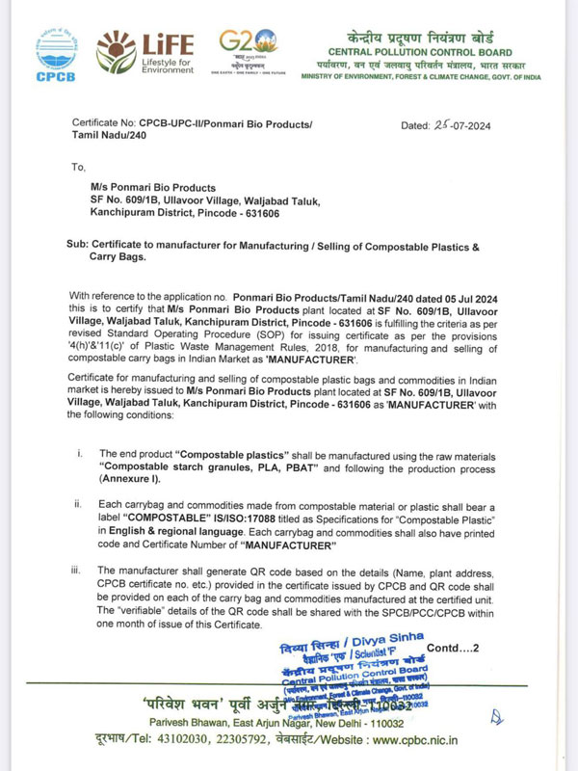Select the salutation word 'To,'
pos(79,167)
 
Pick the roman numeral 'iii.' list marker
pos(76,571)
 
